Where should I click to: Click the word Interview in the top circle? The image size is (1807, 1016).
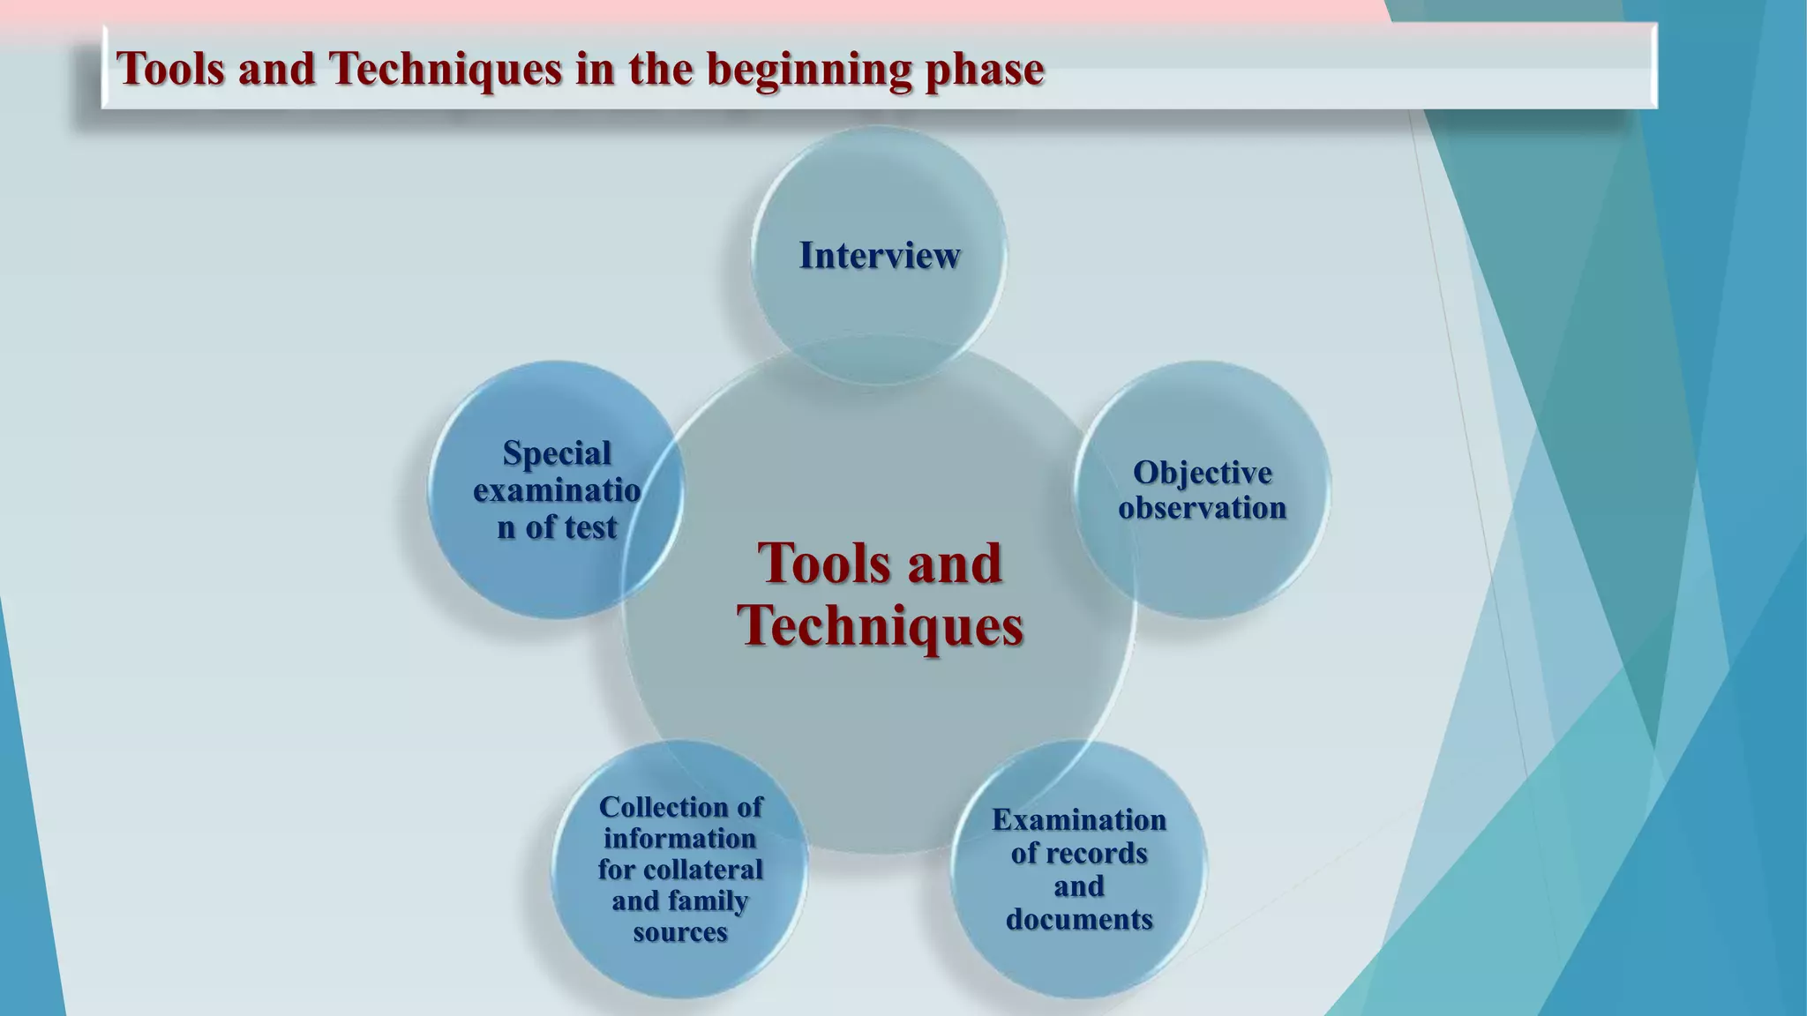point(879,256)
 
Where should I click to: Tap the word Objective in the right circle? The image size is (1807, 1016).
point(1202,474)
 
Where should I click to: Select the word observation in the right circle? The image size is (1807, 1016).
point(1202,508)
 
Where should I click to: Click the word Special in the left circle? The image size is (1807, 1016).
point(557,453)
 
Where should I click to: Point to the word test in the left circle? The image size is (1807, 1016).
point(589,527)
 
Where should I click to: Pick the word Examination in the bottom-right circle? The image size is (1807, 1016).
point(1078,820)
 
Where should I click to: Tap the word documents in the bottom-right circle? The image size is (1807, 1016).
point(1078,920)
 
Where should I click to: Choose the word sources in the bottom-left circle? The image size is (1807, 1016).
point(679,932)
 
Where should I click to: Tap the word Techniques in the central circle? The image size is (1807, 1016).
point(880,625)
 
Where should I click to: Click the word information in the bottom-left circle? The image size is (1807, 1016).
point(679,839)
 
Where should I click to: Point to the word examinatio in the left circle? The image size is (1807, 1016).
point(557,490)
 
